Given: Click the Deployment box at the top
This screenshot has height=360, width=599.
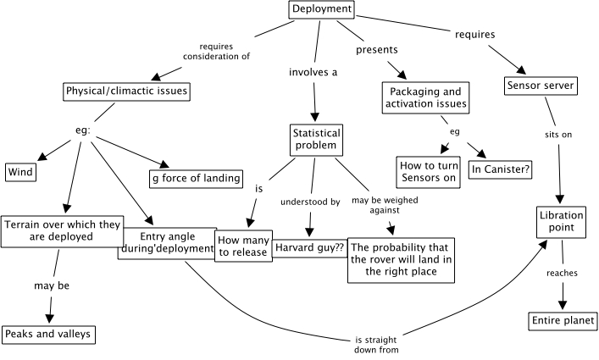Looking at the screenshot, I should [x=321, y=10].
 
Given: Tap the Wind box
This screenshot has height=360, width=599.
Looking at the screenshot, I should [x=19, y=173].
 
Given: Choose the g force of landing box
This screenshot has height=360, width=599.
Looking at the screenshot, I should [x=196, y=178].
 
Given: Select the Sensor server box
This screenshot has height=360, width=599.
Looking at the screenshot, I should [x=541, y=86].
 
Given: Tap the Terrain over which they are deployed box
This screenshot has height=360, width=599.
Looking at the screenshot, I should [x=59, y=230].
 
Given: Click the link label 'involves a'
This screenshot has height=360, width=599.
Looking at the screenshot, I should [x=313, y=73].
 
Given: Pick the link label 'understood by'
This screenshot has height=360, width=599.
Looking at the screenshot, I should [x=311, y=202].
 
